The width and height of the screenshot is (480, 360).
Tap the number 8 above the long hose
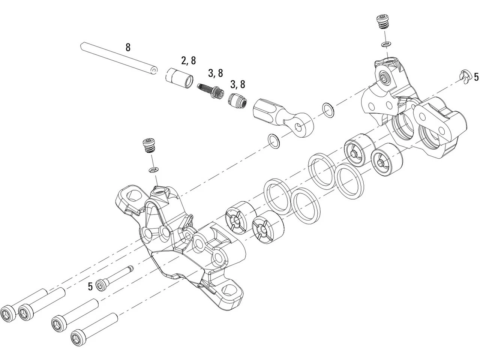(x=128, y=48)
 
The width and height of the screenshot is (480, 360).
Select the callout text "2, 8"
(x=188, y=60)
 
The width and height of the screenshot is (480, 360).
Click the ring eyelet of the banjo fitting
(x=301, y=127)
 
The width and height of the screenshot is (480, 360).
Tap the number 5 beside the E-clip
(x=476, y=77)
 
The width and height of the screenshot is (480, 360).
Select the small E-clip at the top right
(x=464, y=75)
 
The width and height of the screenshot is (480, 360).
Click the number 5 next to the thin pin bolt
(x=90, y=287)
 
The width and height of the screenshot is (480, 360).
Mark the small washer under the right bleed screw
(x=385, y=45)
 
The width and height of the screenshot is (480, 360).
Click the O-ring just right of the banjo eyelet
(x=328, y=110)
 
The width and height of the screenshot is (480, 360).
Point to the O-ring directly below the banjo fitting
(x=274, y=141)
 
